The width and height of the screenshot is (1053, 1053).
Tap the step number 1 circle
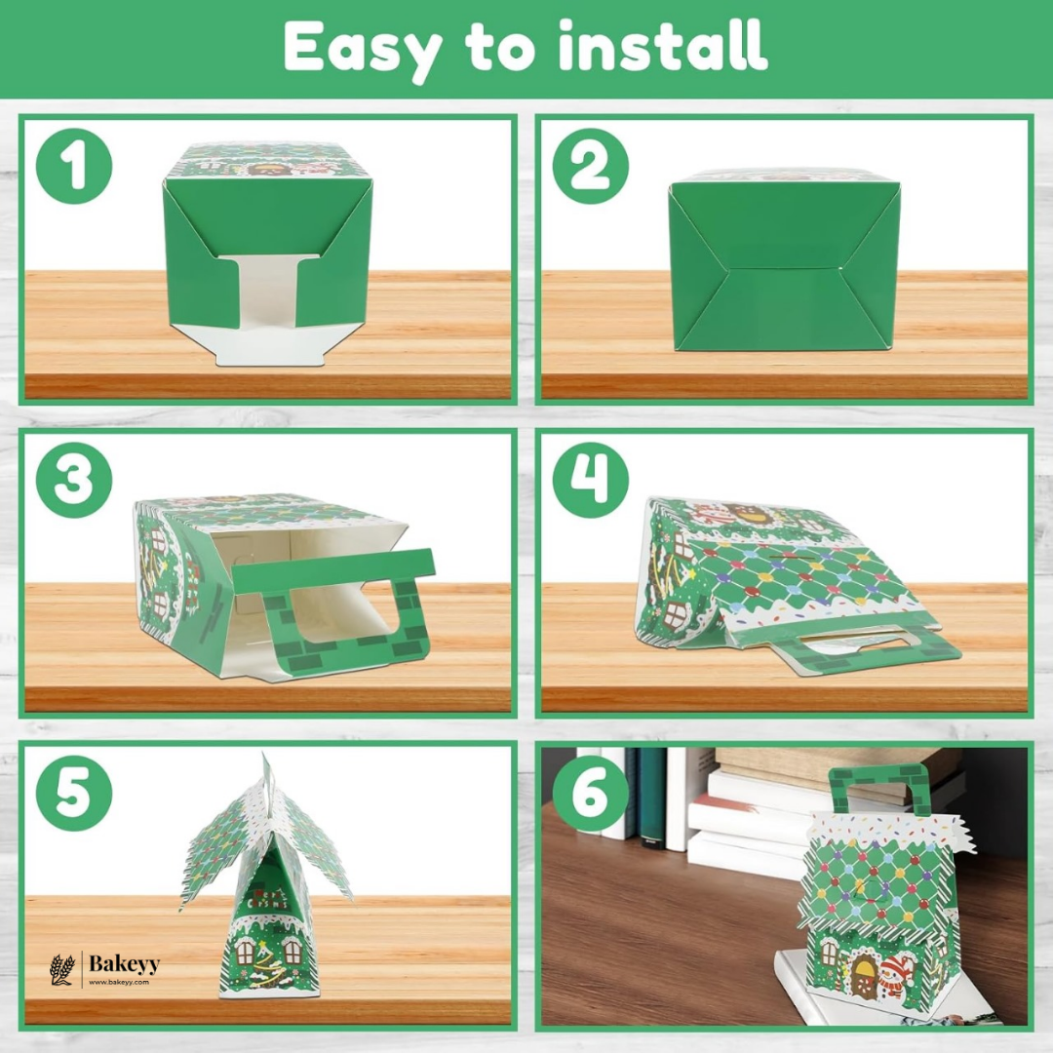click(x=74, y=166)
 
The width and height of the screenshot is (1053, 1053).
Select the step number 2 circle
click(x=591, y=166)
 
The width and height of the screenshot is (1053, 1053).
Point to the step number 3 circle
click(x=74, y=479)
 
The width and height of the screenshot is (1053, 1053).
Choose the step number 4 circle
click(x=591, y=479)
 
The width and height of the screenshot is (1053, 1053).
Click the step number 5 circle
click(x=74, y=792)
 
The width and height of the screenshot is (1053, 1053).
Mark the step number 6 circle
click(x=591, y=792)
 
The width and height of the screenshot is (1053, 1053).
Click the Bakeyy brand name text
click(x=123, y=963)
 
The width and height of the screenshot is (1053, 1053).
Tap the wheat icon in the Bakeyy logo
click(x=61, y=969)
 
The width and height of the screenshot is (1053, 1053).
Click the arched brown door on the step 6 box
click(x=864, y=975)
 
